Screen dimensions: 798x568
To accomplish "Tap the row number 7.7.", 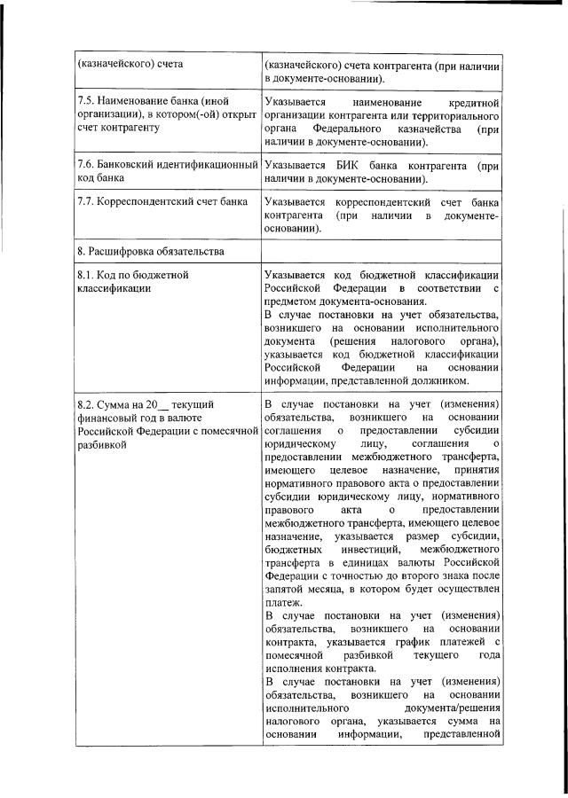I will [x=86, y=201].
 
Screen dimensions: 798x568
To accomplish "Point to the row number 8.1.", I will [x=86, y=275].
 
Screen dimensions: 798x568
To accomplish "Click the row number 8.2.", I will [x=86, y=405].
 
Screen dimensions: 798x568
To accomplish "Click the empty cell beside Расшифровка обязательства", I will [x=382, y=251].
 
